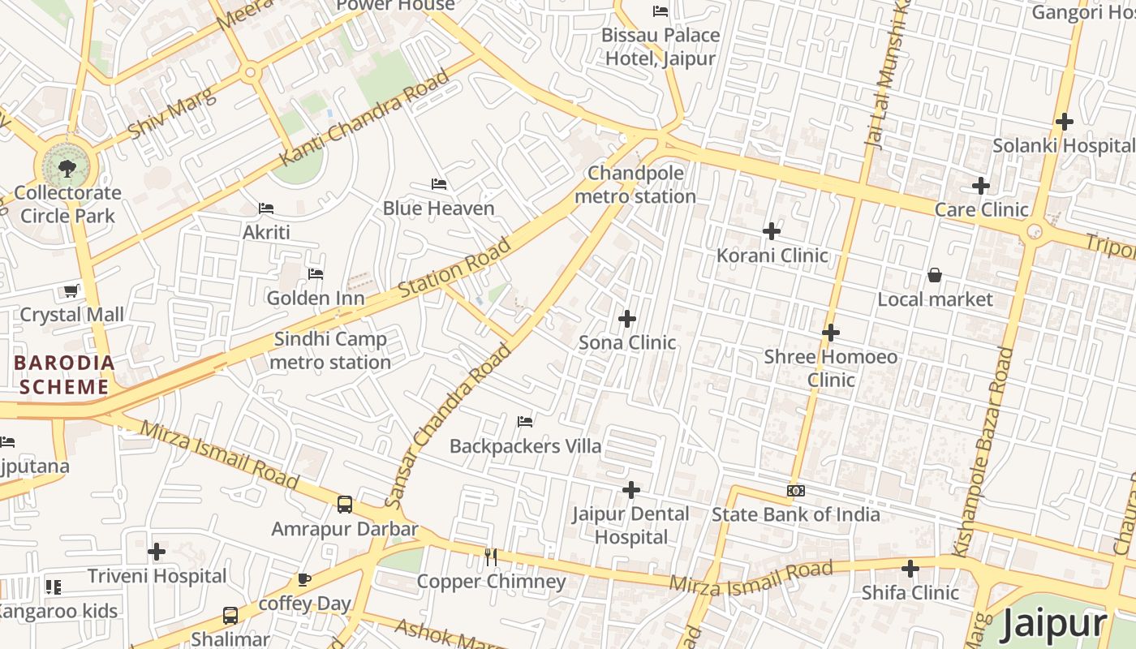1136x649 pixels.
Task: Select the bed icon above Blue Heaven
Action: click(x=439, y=184)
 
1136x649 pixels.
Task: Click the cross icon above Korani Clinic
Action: click(x=772, y=232)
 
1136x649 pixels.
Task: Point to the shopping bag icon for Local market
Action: click(x=935, y=276)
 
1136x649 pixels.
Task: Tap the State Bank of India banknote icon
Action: click(x=796, y=491)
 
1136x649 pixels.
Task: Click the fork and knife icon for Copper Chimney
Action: click(x=491, y=557)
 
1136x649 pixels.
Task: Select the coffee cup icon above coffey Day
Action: click(x=304, y=579)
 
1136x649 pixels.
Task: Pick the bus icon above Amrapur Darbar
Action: click(x=345, y=505)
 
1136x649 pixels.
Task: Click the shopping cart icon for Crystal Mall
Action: click(x=71, y=290)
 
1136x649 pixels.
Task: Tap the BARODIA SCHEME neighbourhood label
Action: click(x=63, y=375)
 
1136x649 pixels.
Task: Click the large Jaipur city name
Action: click(x=1053, y=624)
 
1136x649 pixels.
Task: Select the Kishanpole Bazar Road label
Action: click(x=983, y=451)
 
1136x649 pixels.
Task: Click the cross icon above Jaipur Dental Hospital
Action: click(x=631, y=490)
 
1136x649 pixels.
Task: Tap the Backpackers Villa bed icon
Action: click(x=525, y=422)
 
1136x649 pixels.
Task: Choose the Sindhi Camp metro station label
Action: click(x=330, y=350)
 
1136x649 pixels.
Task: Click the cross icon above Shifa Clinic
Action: click(x=910, y=569)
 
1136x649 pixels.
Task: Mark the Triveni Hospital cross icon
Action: click(x=157, y=552)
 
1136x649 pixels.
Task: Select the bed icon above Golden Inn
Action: click(x=316, y=274)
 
